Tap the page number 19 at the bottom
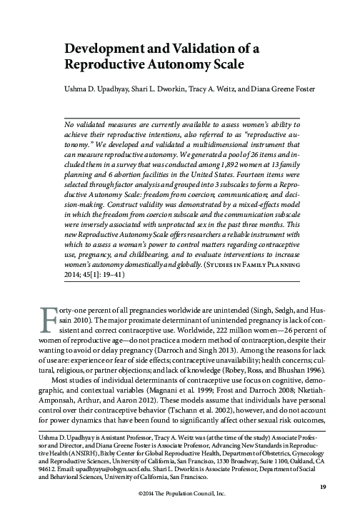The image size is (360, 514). pyautogui.click(x=322, y=486)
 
